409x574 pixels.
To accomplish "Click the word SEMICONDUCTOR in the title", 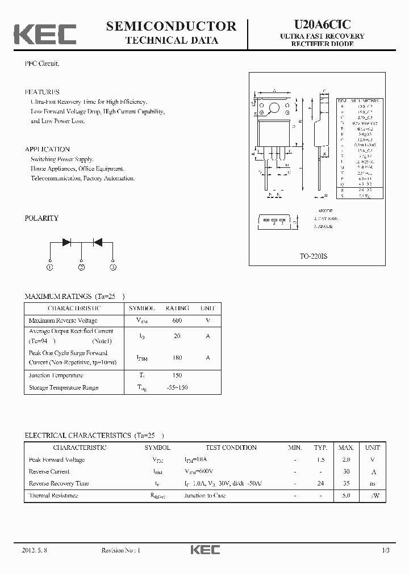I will (x=171, y=26).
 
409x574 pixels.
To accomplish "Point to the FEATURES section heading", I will (x=42, y=92).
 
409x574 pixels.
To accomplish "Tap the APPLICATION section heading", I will (x=47, y=149).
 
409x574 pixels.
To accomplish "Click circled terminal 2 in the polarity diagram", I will (x=82, y=267).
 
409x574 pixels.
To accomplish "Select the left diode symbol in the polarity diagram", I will (x=66, y=242).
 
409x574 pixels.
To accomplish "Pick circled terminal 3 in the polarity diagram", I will (x=113, y=267).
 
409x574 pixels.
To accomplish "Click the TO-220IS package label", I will (x=314, y=256).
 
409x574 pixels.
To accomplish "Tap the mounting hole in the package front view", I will (x=274, y=107).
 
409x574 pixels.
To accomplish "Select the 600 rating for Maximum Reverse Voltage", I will (x=177, y=320).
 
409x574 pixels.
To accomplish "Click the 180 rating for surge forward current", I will (x=177, y=357).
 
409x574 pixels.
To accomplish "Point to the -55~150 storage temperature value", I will (x=177, y=387).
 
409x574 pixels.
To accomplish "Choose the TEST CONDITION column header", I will (x=231, y=448).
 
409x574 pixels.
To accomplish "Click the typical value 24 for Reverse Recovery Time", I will (x=321, y=483).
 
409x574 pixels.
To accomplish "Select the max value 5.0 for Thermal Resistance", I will (x=347, y=495).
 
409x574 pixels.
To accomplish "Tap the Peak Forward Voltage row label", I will (x=56, y=459).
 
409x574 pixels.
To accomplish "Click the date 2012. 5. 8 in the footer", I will (x=35, y=550).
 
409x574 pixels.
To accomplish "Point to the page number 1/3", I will (x=386, y=550).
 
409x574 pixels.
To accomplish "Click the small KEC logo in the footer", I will (x=204, y=550).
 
